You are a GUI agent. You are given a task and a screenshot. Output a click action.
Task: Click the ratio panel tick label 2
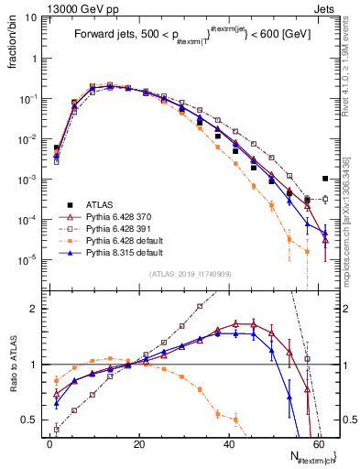(35, 309)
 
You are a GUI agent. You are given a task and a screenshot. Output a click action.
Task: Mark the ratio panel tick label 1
(35, 365)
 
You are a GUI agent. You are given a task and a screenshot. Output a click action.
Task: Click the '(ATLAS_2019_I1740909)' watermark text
(189, 274)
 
